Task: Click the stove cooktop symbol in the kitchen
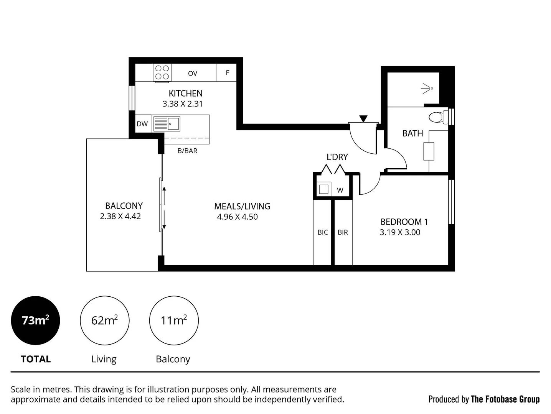[x=162, y=72]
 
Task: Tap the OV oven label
[x=193, y=74]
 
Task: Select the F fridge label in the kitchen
[x=228, y=73]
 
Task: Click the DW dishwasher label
[x=142, y=124]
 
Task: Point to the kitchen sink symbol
[x=167, y=124]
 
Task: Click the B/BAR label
[x=187, y=151]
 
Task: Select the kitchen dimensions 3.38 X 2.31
[x=183, y=104]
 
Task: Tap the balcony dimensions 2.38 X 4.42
[x=120, y=217]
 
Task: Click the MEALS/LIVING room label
[x=242, y=206]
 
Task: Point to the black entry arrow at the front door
[x=363, y=119]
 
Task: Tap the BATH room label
[x=412, y=133]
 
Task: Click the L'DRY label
[x=337, y=157]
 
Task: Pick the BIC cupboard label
[x=323, y=232]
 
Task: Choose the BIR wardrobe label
[x=343, y=232]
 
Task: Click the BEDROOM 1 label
[x=404, y=222]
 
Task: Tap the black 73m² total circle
[x=35, y=320]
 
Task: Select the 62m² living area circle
[x=104, y=320]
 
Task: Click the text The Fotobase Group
[x=505, y=399]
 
